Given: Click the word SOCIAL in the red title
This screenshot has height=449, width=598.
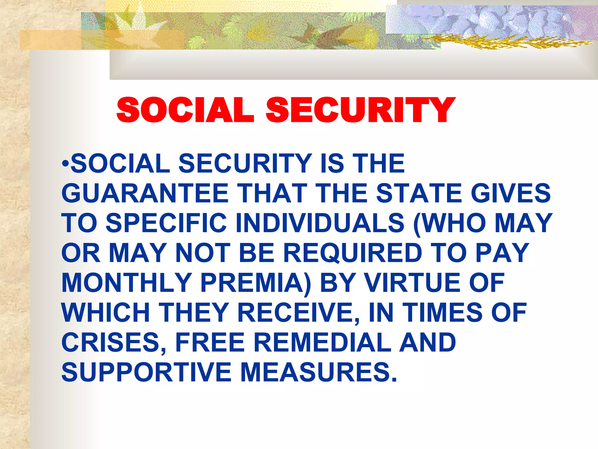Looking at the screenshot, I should click(185, 110).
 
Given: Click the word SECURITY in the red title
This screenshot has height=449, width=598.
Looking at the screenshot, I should click(360, 110).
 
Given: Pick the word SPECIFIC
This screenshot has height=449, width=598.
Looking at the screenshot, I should click(166, 223).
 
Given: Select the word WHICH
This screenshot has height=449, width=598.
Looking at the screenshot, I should click(106, 313).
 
